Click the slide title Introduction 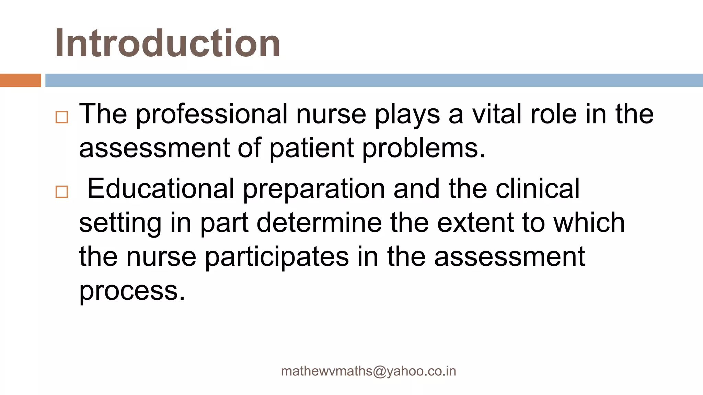(168, 43)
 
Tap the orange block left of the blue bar (20, 80)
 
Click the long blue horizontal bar (373, 80)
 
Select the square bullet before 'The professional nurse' (62, 117)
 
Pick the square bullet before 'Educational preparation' (62, 192)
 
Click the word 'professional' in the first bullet (212, 115)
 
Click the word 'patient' (311, 149)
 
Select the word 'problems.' (424, 149)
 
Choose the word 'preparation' (314, 190)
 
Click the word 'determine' (319, 223)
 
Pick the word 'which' (589, 223)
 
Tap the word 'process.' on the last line (132, 291)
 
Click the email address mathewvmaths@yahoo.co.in (368, 371)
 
